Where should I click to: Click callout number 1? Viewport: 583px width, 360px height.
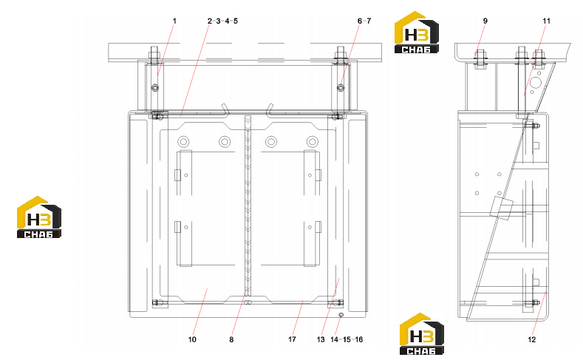(x=174, y=21)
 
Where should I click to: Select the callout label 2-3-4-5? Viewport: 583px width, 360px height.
(x=222, y=21)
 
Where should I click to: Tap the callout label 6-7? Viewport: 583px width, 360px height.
(x=364, y=21)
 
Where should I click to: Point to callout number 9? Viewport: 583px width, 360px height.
(x=485, y=21)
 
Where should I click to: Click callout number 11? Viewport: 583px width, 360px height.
(x=546, y=21)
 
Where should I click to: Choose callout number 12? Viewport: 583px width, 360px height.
(x=532, y=339)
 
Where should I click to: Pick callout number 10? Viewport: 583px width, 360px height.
(x=192, y=339)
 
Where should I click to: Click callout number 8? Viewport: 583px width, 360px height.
(x=231, y=339)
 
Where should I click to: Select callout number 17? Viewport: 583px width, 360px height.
(x=292, y=339)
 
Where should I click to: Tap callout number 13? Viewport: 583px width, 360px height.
(x=321, y=339)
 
